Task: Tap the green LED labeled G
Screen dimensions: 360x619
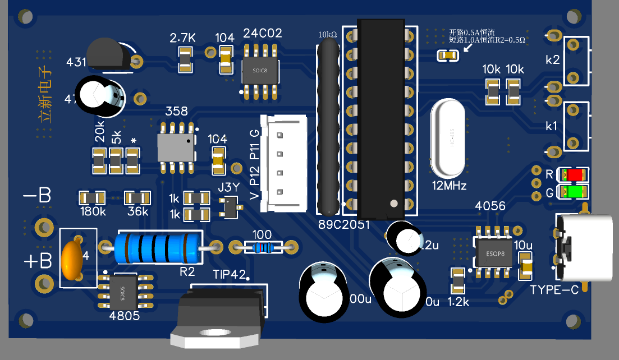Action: pos(575,192)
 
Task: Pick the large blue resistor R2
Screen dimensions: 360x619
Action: pos(158,247)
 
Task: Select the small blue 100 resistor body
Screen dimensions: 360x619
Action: pos(262,246)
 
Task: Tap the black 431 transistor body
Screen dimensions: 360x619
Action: pos(106,54)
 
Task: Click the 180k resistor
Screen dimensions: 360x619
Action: pos(92,197)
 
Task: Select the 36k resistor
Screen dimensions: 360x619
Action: pos(137,197)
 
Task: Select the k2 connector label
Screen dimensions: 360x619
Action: pos(552,60)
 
